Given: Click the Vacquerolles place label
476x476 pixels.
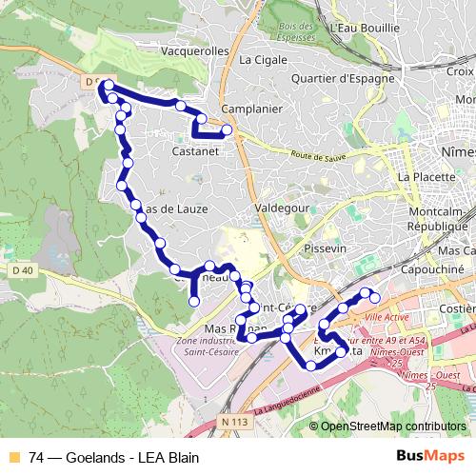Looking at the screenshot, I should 198,51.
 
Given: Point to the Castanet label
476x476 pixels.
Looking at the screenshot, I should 197,150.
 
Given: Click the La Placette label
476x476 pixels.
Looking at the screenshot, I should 423,177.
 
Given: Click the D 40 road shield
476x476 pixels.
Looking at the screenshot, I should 23,272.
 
